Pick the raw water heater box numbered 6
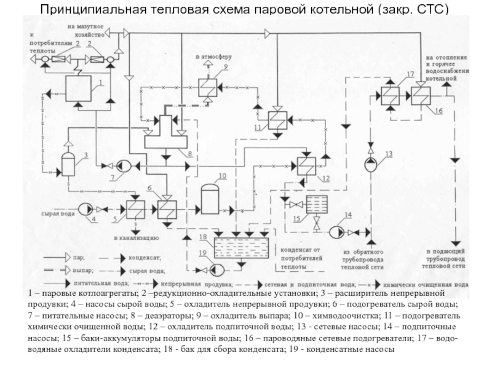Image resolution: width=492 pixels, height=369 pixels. point(166,210)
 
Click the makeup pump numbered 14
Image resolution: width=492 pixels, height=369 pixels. point(338,232)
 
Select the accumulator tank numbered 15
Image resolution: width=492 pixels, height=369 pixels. point(316,204)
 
